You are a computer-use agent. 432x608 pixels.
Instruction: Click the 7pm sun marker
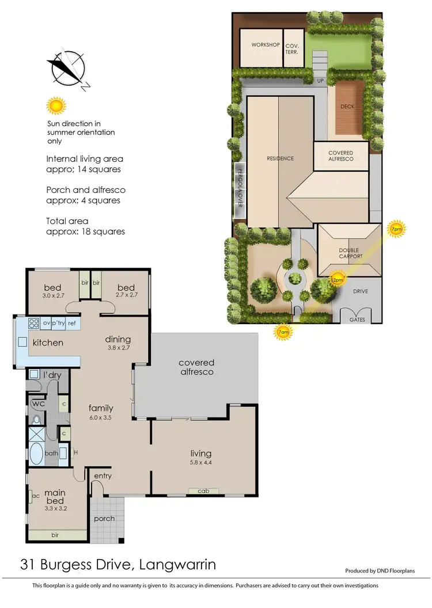pos(396,229)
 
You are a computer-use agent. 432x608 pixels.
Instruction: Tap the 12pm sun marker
pos(337,280)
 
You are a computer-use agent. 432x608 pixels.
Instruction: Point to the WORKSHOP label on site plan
pos(266,45)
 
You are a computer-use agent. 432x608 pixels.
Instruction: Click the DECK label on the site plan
pos(347,107)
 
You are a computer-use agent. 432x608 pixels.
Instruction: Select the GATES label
pos(357,319)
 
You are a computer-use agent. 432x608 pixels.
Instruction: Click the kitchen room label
pos(48,343)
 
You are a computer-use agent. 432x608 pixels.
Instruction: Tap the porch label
pos(104,518)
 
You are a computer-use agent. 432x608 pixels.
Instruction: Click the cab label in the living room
pos(203,491)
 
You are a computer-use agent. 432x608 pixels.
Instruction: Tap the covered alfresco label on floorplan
pos(196,367)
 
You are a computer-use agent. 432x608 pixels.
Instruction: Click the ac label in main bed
pos(36,495)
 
